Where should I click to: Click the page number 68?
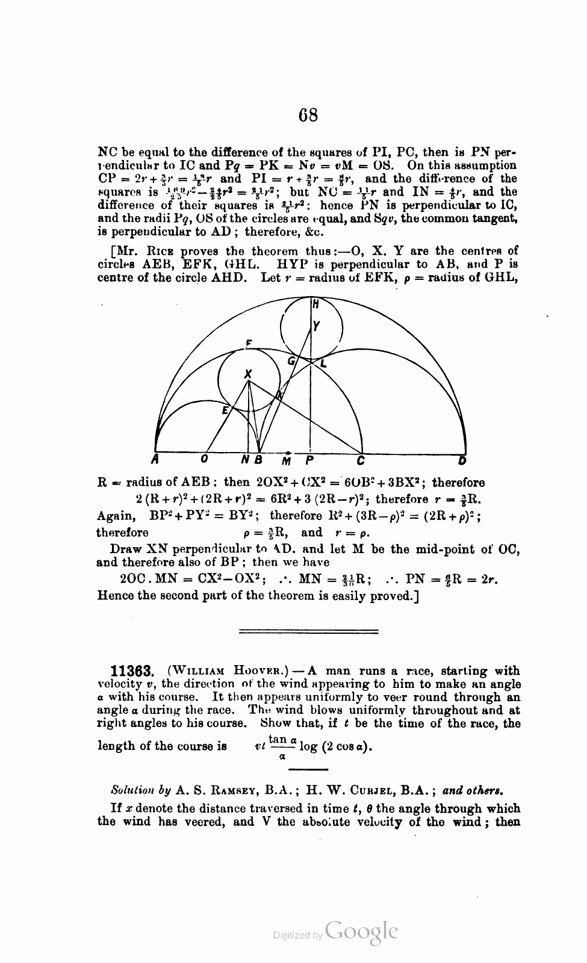(x=308, y=114)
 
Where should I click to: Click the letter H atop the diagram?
(x=315, y=305)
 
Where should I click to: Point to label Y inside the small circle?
(x=317, y=326)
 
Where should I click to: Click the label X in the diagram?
(x=247, y=373)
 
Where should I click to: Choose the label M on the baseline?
(x=287, y=461)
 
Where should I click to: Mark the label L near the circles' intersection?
(x=323, y=364)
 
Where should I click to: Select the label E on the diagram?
(x=225, y=410)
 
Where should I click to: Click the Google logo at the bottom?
(x=361, y=932)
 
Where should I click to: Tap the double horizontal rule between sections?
(x=309, y=631)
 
